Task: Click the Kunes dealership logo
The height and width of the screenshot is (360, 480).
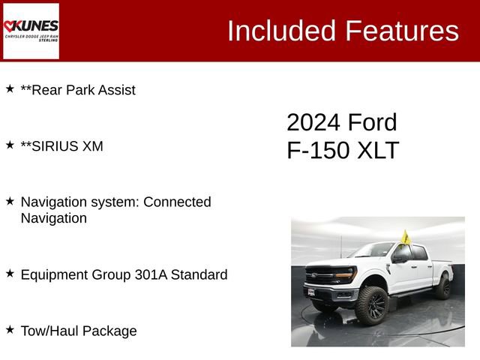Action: point(31,30)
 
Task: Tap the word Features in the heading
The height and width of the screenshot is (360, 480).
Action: point(401,31)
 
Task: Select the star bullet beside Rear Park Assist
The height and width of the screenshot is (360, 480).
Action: point(10,88)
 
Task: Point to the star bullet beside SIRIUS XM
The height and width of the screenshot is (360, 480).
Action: point(10,144)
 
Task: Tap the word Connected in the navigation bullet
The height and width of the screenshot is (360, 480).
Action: point(177,202)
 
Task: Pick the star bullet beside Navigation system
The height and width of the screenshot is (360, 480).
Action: point(10,200)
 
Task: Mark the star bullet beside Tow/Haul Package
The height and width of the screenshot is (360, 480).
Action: point(10,329)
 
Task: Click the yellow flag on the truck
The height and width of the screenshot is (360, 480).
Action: point(406,238)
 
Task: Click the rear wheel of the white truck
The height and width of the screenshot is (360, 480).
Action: point(443,288)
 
